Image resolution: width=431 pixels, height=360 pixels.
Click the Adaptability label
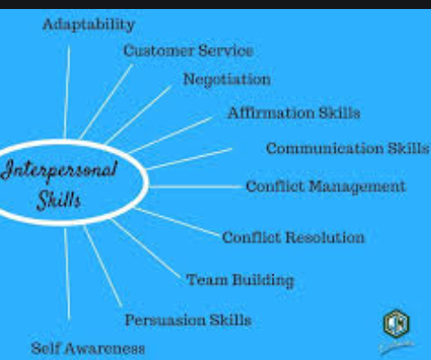tap(89, 24)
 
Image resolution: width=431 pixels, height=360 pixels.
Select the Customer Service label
tap(188, 50)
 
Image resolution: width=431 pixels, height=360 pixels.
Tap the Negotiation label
tap(227, 80)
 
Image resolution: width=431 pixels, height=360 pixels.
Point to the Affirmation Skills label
tap(294, 112)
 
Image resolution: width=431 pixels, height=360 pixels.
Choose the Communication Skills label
tap(348, 148)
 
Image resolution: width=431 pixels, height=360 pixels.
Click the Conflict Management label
tap(326, 186)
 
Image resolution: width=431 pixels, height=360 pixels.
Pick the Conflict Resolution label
tap(293, 238)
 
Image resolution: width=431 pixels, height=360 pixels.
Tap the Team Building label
tap(240, 280)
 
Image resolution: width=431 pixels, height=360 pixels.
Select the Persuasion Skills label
tap(188, 319)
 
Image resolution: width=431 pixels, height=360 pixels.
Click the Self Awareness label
tap(88, 348)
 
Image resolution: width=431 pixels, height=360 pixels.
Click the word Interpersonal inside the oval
tap(59, 170)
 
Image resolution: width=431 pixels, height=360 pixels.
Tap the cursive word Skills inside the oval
tap(59, 200)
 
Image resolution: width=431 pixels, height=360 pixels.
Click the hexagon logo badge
tap(397, 324)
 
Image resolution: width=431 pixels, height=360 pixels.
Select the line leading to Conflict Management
tap(196, 187)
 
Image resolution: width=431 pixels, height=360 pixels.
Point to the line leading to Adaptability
tap(67, 92)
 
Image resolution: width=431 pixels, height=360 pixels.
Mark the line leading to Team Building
tap(146, 249)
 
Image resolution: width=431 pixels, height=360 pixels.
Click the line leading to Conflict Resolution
tap(177, 221)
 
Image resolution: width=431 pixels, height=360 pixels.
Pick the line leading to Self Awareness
tap(67, 274)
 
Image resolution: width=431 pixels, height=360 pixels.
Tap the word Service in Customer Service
tap(226, 50)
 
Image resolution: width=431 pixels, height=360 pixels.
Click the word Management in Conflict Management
tap(357, 187)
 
